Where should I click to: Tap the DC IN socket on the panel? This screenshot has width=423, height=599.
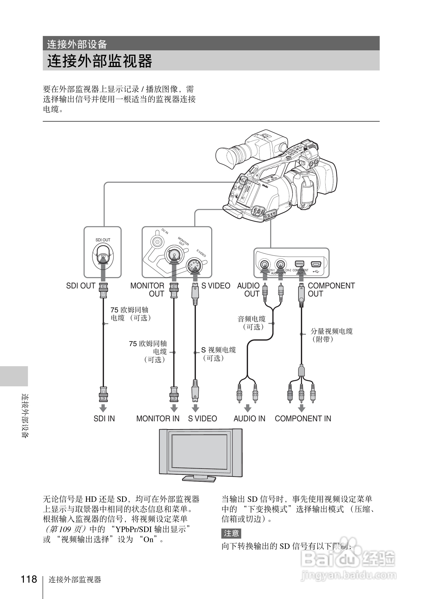(157, 242)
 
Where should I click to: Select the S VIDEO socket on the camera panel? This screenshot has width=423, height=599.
(194, 266)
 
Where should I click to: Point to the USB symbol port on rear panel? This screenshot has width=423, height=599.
(316, 265)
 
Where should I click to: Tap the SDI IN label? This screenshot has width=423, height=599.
(104, 419)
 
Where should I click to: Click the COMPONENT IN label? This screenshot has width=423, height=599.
(303, 419)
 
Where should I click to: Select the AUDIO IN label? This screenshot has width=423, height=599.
(249, 419)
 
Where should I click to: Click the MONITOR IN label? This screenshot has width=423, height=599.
(158, 419)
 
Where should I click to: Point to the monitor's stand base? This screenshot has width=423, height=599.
(199, 478)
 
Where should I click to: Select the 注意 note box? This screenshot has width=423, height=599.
(231, 533)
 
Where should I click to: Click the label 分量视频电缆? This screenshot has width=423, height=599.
(331, 331)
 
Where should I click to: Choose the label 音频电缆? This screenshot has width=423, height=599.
(251, 319)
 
